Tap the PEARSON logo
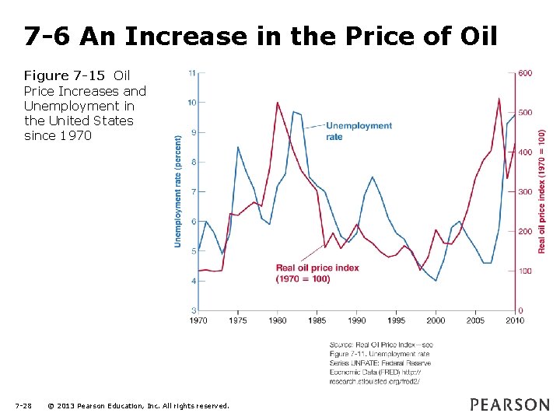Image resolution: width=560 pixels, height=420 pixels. (x=509, y=404)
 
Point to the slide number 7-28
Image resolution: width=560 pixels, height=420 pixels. (x=23, y=406)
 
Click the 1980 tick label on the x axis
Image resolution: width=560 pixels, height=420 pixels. (x=278, y=320)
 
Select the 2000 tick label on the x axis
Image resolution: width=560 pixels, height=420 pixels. (x=436, y=320)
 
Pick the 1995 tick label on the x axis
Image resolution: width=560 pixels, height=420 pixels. (x=396, y=320)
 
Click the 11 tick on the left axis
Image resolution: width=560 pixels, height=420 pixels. (x=191, y=72)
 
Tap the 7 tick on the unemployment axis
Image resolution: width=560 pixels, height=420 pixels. (x=193, y=191)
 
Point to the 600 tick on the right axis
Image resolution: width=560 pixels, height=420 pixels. (x=526, y=73)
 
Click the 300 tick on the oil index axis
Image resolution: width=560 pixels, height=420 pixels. (x=526, y=192)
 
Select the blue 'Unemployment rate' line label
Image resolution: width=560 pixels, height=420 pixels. (x=359, y=130)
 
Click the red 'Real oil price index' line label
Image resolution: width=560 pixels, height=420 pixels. (x=317, y=273)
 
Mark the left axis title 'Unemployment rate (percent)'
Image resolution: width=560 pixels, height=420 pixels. (x=177, y=191)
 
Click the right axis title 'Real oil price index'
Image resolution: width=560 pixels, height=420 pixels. (x=542, y=191)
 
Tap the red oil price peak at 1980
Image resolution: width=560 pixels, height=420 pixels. (x=278, y=102)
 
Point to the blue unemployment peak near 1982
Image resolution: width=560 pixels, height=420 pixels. (x=293, y=112)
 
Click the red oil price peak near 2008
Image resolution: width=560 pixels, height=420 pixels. (x=499, y=99)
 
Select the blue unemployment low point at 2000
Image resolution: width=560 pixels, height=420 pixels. (x=436, y=280)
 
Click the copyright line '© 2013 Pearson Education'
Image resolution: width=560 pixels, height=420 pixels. (x=138, y=406)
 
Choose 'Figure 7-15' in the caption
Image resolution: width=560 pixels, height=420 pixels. (x=66, y=75)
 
